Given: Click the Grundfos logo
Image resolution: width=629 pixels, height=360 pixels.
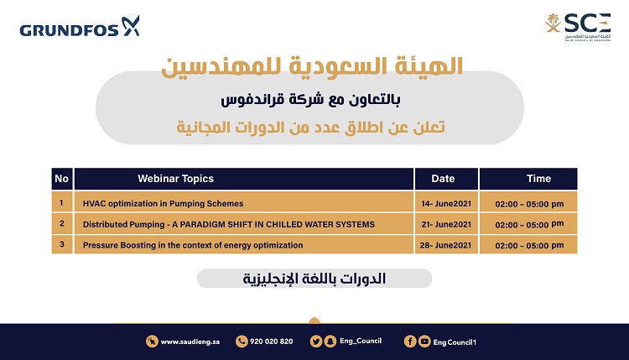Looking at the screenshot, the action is [x=80, y=27].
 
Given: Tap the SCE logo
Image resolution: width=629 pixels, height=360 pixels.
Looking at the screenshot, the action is [x=578, y=27].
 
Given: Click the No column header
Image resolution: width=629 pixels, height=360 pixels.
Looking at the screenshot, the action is [x=62, y=179].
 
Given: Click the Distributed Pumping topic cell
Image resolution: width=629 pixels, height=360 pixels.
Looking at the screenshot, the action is [x=244, y=223].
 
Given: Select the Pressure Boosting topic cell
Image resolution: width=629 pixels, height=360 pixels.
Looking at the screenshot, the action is [x=244, y=244].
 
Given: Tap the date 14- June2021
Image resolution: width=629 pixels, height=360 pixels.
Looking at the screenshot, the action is [x=446, y=204].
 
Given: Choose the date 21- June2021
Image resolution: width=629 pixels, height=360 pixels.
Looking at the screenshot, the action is [x=446, y=225].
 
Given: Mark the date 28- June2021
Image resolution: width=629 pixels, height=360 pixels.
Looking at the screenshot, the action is [x=445, y=245].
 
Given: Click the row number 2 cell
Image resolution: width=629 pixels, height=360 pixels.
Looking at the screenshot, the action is [x=62, y=223].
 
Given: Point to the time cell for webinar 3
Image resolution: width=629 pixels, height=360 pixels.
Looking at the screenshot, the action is [x=528, y=244].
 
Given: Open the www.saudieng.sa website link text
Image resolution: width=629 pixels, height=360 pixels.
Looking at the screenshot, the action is [x=190, y=342].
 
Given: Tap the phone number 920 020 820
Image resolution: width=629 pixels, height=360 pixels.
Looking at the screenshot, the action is [x=271, y=342].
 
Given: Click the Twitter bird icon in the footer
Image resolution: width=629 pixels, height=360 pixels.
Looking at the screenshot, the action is [x=316, y=342].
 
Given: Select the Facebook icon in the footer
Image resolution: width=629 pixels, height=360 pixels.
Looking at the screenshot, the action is [x=410, y=342].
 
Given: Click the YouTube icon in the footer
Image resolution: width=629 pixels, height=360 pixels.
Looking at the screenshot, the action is [x=424, y=342].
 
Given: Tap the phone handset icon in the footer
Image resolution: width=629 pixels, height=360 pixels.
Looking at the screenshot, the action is [x=242, y=342].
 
